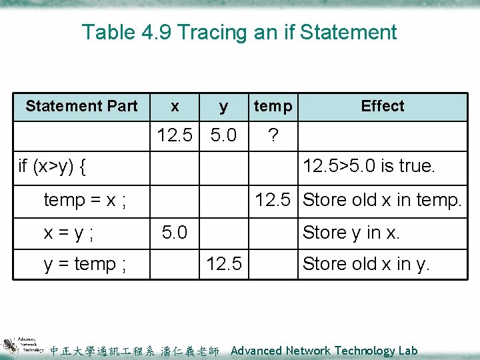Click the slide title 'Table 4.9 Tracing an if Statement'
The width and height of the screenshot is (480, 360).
239,32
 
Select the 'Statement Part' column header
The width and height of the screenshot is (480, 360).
81,106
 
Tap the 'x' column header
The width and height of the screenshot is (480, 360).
175,106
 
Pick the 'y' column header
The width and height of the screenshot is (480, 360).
223,106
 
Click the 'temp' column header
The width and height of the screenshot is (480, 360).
273,106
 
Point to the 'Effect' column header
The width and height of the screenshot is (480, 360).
383,106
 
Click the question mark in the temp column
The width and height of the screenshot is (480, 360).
272,136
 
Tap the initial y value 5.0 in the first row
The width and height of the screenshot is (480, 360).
223,136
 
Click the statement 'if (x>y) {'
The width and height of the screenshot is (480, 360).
53,167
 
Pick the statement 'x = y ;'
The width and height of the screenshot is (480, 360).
69,233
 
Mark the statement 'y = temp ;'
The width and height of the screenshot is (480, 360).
85,264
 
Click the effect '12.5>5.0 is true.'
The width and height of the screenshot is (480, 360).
369,167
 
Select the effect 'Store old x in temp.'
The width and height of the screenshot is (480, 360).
382,199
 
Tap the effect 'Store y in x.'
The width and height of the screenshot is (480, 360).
351,233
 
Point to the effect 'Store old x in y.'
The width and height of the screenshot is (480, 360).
366,264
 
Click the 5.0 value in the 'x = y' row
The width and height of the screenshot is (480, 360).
175,233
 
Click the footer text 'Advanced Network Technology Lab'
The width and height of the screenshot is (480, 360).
324,351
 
